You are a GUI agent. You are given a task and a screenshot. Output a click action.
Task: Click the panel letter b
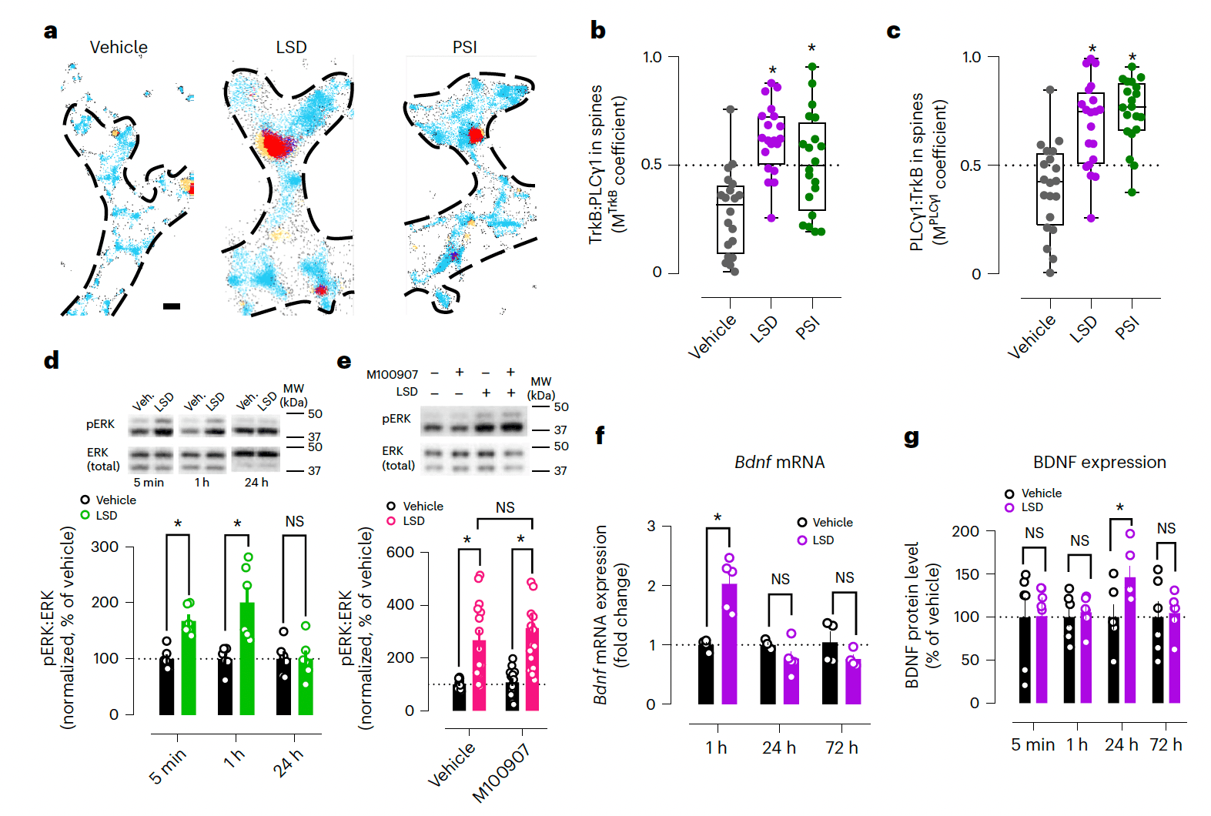tap(597, 31)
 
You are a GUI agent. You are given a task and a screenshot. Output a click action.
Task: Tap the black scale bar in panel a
tap(172, 306)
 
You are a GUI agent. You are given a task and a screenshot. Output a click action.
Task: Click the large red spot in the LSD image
tap(273, 144)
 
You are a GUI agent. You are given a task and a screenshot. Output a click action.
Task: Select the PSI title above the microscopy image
tap(464, 47)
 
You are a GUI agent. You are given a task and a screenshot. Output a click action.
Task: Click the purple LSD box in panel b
tap(771, 141)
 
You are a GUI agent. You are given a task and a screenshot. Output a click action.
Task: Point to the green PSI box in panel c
tap(1132, 107)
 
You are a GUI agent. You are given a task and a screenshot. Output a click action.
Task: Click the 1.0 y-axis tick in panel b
tap(652, 57)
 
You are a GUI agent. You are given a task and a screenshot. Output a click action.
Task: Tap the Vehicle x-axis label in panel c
tap(1032, 337)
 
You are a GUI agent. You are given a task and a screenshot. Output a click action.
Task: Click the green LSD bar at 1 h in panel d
tap(247, 658)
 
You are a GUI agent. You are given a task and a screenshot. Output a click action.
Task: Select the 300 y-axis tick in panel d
tap(105, 547)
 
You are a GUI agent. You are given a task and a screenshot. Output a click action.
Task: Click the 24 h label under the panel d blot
tap(256, 483)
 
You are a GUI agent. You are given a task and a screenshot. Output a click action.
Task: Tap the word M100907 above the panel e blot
tap(392, 375)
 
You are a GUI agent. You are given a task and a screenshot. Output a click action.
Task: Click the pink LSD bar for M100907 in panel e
tap(532, 669)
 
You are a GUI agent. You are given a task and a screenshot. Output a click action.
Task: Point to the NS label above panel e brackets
tap(505, 507)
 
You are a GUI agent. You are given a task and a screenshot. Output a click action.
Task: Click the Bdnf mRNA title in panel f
tap(779, 462)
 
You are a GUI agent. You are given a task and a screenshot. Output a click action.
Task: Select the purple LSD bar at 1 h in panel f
tap(729, 644)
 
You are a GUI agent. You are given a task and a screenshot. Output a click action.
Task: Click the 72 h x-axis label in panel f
tap(841, 747)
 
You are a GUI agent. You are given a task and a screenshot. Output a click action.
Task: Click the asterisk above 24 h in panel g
tap(1119, 507)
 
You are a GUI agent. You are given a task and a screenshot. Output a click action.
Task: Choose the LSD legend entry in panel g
tap(1032, 507)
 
